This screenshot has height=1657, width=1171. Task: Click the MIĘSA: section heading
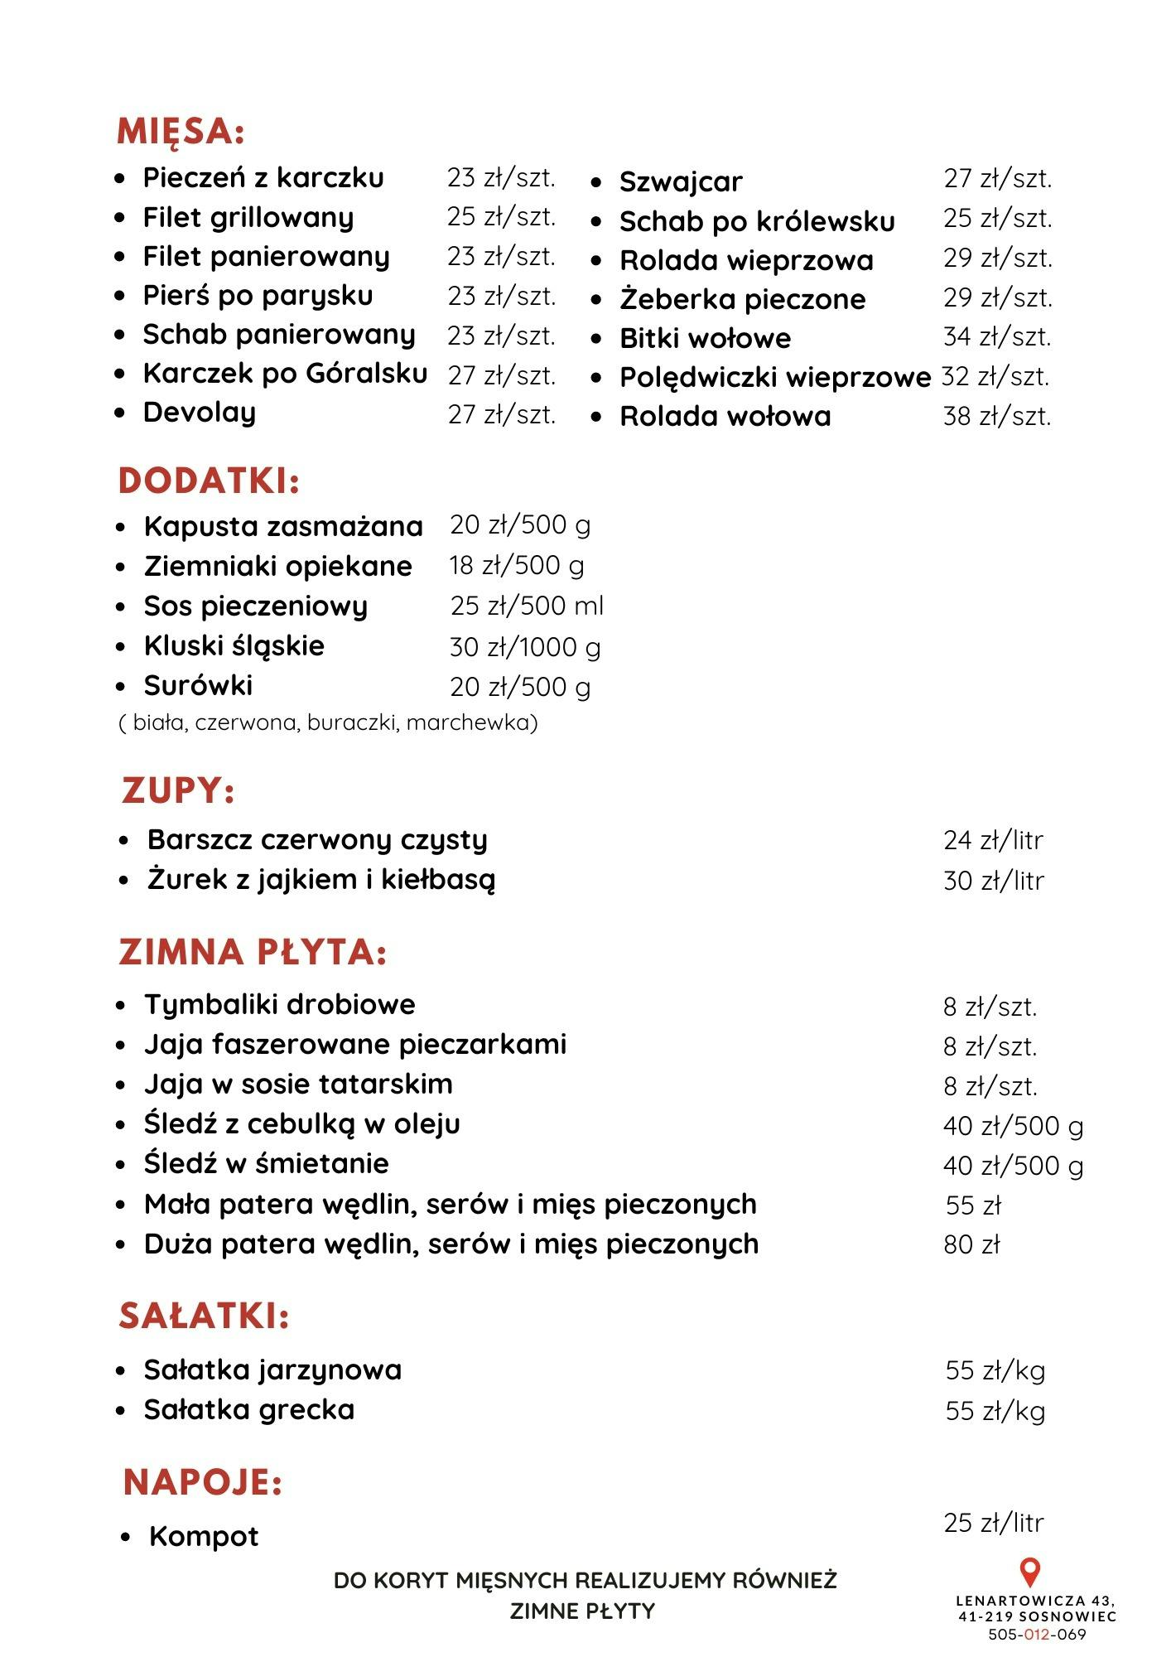pos(181,132)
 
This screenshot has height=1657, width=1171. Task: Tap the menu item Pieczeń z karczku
pos(263,177)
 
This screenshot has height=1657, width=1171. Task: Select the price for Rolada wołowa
pos(997,416)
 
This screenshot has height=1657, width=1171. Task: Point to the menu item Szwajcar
pos(681,181)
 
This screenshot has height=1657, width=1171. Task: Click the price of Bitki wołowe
pos(997,337)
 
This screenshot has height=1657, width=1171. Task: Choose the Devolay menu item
pos(200,413)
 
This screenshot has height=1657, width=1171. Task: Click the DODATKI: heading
pos(209,481)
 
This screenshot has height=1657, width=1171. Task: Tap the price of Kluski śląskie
pos(525,647)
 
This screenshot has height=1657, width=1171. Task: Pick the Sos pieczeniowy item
pos(255,606)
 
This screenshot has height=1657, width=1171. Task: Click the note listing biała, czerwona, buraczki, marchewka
pos(329,723)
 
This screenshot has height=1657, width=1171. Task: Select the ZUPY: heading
pos(178,790)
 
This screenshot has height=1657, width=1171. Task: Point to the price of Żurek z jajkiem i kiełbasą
pos(994,881)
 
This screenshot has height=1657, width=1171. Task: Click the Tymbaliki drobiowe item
pos(280,1005)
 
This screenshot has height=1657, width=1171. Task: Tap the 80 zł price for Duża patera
pos(972,1244)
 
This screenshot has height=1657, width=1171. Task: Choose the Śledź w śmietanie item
pos(266,1164)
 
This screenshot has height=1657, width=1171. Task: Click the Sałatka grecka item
pos(249,1410)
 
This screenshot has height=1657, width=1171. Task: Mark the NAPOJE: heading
pos(203,1482)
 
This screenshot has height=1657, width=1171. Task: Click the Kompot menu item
pos(204,1537)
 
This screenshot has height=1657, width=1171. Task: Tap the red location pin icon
pos(1029,1572)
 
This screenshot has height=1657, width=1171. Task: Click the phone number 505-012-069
pos(1037,1635)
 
